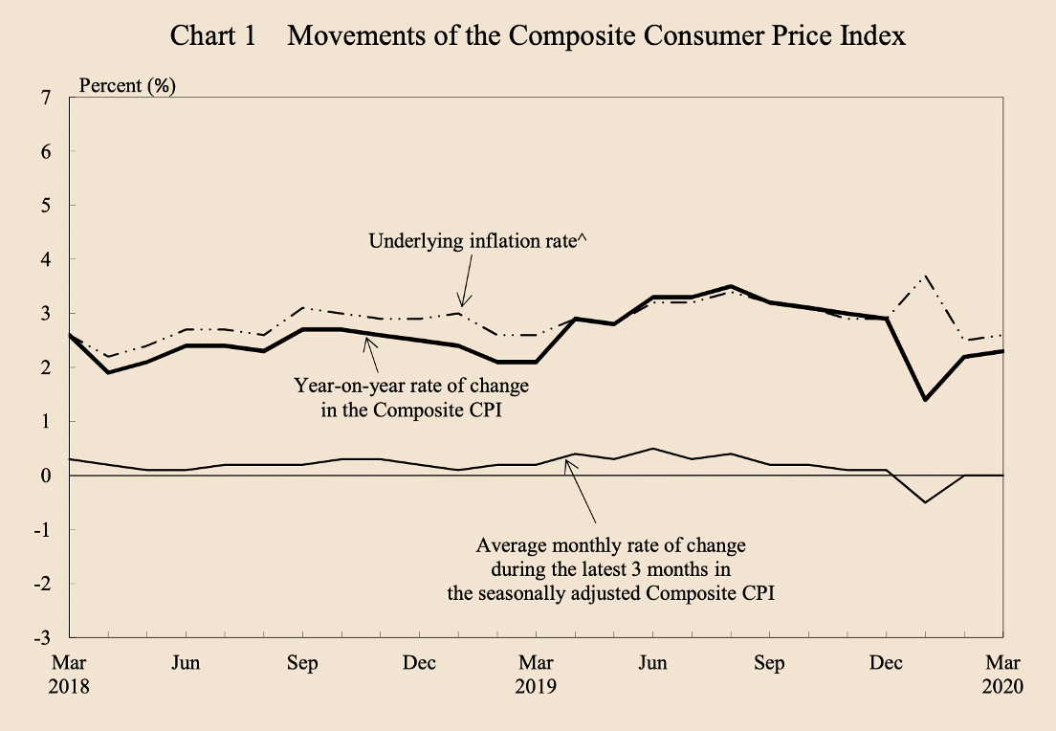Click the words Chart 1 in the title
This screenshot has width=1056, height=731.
[x=212, y=36]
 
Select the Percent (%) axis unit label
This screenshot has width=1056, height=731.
[x=127, y=85]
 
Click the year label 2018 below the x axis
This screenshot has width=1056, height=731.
[x=71, y=687]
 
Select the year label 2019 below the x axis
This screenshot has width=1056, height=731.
[x=536, y=687]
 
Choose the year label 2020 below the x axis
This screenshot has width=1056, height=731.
[x=1001, y=687]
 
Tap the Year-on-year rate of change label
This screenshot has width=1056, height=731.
[x=410, y=388]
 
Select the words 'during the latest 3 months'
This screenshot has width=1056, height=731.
[x=610, y=569]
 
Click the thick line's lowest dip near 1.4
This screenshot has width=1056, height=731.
[x=925, y=400]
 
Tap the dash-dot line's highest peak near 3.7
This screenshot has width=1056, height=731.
[x=925, y=276]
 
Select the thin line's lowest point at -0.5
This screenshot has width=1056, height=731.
[x=925, y=502]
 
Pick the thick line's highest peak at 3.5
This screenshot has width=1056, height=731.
[x=731, y=286]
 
